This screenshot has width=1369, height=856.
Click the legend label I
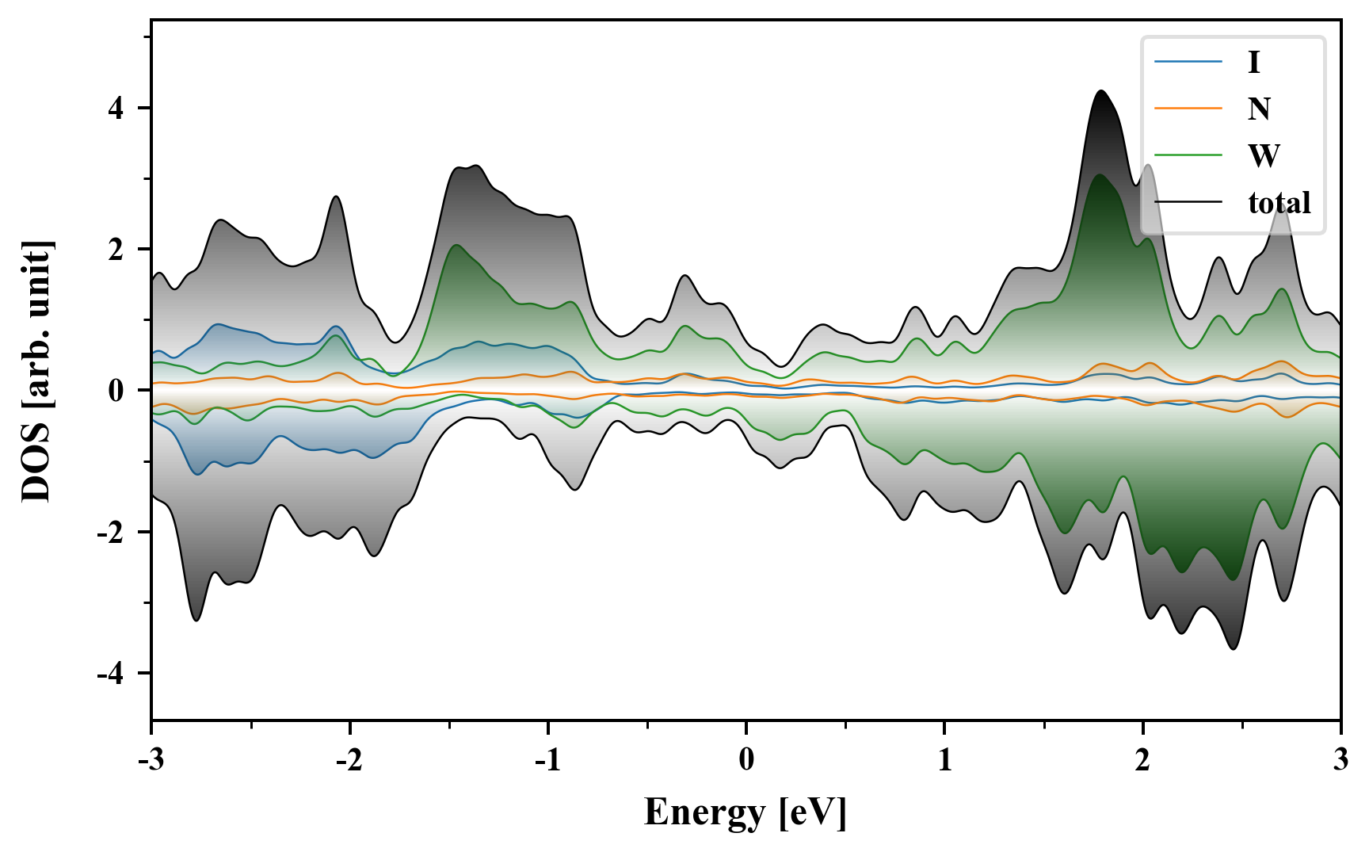[1253, 62]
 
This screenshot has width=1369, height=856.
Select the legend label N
[1259, 109]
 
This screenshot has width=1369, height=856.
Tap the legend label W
[1264, 155]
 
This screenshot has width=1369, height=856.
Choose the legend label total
[1279, 202]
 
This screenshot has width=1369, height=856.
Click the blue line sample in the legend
[1188, 62]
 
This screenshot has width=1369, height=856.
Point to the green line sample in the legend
[1188, 155]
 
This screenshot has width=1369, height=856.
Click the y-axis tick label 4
[116, 108]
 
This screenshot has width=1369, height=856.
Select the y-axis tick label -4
[111, 674]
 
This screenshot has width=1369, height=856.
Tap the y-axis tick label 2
[116, 249]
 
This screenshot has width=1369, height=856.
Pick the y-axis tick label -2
[111, 532]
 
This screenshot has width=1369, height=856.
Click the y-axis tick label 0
[116, 391]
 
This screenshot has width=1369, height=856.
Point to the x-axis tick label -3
[151, 760]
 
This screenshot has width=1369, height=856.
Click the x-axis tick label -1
[547, 760]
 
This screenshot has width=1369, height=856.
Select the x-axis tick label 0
[746, 760]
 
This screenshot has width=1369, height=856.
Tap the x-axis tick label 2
[1142, 760]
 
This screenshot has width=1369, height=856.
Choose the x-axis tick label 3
[1340, 760]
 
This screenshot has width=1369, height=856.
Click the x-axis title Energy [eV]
[746, 812]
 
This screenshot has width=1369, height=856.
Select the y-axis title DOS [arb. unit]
[36, 371]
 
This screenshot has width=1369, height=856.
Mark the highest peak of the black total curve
[1101, 91]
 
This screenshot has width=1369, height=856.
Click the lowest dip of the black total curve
[1234, 649]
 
